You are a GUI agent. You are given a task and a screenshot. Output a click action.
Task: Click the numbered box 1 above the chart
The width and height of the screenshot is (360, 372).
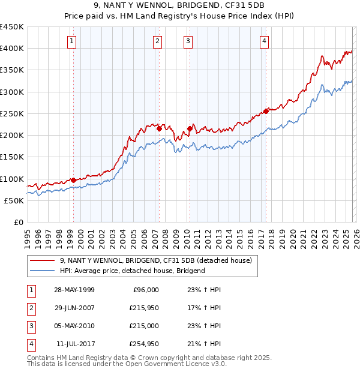tap(71, 41)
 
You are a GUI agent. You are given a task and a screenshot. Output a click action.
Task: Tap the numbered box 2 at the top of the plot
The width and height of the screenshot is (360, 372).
tap(157, 41)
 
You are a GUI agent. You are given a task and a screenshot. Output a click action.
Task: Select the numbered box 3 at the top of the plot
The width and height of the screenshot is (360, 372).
tap(188, 41)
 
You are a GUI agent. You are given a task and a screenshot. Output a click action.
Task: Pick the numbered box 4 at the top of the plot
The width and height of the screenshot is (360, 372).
tap(264, 41)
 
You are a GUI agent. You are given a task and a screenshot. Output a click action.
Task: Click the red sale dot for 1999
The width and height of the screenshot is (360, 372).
tap(73, 180)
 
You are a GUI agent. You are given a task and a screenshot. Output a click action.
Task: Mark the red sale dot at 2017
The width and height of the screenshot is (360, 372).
tap(266, 111)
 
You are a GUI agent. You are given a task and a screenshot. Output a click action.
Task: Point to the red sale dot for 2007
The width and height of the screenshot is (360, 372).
tap(159, 128)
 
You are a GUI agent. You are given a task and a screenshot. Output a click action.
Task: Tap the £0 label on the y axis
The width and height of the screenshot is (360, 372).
tap(18, 222)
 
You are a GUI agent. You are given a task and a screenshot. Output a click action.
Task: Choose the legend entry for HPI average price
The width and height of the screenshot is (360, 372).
tap(133, 271)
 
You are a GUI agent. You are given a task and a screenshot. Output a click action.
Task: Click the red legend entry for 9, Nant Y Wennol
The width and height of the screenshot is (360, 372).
tap(159, 260)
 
